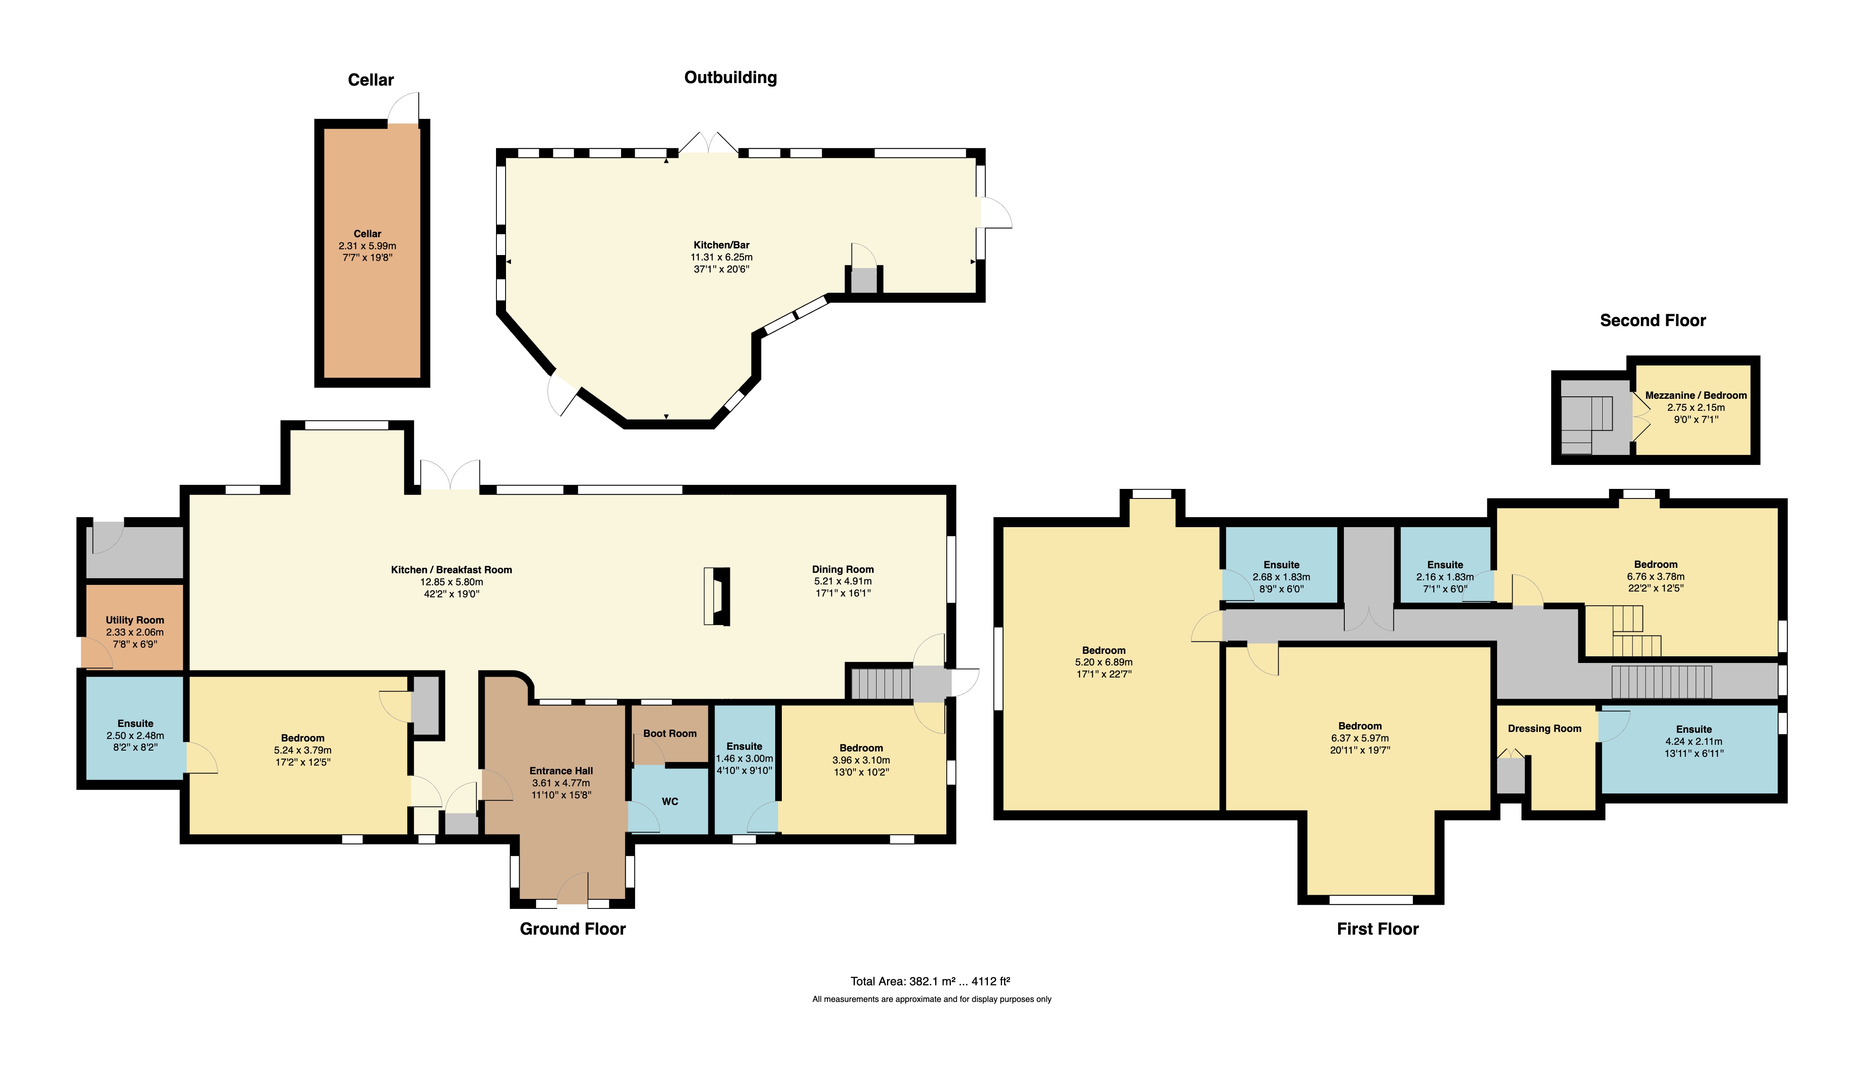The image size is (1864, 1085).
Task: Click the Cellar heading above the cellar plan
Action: pos(371,80)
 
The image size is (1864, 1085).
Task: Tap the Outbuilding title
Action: pos(730,78)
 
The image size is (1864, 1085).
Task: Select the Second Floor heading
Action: pos(1653,320)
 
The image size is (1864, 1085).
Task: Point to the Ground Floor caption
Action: pos(572,929)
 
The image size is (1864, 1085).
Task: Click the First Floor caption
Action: pos(1377,929)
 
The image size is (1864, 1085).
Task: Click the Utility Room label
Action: pos(135,620)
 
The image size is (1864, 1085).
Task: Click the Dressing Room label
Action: pos(1545,729)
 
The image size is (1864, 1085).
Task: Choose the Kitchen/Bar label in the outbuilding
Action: pos(721,245)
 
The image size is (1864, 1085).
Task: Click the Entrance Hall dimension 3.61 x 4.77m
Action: pos(561,783)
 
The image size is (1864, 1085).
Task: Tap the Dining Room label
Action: pos(842,570)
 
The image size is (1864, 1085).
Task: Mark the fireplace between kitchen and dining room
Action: pos(717,596)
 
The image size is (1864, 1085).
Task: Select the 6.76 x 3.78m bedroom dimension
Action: pos(1655,576)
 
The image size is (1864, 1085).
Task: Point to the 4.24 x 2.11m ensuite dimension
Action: pos(1694,741)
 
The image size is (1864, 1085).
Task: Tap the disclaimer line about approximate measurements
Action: pos(931,999)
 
